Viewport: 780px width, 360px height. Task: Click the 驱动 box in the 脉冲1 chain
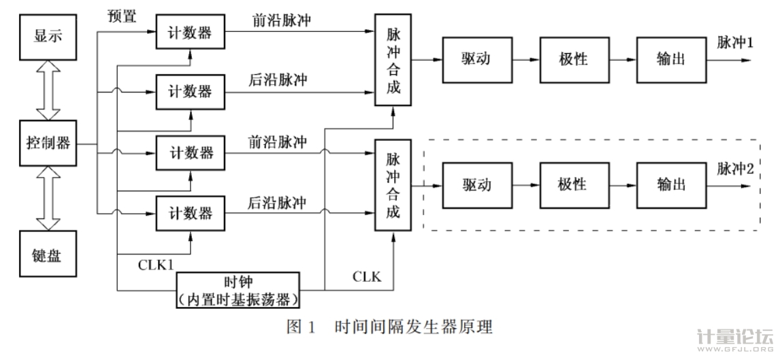(x=476, y=59)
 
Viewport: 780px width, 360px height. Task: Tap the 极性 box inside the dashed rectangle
(x=574, y=185)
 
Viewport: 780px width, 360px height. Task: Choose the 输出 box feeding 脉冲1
(x=671, y=59)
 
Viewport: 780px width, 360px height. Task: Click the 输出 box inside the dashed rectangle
(x=671, y=185)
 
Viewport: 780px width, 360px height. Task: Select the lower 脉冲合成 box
(x=393, y=185)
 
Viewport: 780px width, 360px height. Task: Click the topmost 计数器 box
(x=191, y=31)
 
